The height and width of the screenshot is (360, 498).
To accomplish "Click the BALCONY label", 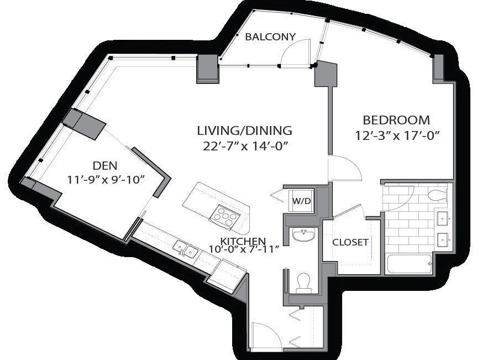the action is click(270, 37).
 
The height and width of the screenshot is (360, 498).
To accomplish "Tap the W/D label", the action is click(301, 201).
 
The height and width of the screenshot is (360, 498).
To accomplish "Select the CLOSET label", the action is click(350, 242).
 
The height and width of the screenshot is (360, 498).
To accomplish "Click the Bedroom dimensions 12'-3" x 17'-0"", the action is click(397, 136).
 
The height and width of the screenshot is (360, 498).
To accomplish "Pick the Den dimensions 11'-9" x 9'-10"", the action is click(106, 180).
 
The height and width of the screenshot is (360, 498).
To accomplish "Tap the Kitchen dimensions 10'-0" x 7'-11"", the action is click(244, 249).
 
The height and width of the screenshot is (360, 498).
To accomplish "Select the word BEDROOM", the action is click(396, 121).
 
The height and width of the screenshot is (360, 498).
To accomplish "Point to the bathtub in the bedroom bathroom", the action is click(409, 264).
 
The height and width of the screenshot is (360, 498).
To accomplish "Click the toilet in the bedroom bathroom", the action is click(438, 194).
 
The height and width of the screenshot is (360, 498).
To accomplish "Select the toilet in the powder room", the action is click(304, 283).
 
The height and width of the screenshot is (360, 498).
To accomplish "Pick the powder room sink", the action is click(304, 235).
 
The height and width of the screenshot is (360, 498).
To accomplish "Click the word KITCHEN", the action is click(243, 241).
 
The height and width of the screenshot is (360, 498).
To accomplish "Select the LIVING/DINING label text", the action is click(244, 131).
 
